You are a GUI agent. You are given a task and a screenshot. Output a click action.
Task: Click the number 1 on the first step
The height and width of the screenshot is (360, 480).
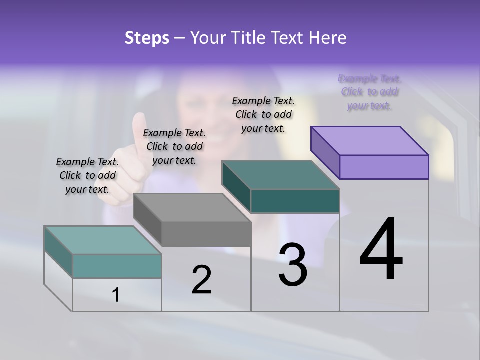coord(116,295)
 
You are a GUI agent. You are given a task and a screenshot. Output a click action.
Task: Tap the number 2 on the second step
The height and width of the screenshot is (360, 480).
coord(201,280)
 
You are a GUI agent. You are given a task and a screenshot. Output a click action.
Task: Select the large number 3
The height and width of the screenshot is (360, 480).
coord(293,265)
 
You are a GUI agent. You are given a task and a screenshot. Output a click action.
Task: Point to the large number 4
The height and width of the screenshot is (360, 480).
coord(381,250)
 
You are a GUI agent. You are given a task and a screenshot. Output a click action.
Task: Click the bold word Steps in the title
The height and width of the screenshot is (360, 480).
coord(147,38)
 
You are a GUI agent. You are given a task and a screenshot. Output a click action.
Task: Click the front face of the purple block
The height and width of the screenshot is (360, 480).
coord(384,167)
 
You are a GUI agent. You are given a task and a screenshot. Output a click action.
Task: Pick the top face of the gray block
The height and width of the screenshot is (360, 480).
coord(192,207)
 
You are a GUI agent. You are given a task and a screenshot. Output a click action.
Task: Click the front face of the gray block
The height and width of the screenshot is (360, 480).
coord(206,234)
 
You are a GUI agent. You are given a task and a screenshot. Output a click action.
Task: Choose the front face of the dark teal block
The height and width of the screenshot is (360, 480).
coord(295,201)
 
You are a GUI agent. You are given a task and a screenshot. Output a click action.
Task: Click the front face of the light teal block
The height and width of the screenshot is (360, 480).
coord(117,266)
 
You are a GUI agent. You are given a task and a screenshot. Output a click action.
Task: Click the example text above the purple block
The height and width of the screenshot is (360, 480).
coord(369,92)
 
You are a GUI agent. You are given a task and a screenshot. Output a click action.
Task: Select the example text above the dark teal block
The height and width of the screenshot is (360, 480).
coord(263,114)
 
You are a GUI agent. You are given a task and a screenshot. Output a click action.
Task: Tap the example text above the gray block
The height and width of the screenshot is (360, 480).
coord(174,146)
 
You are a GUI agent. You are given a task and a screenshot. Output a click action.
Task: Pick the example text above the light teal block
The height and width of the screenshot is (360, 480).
coord(87,175)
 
